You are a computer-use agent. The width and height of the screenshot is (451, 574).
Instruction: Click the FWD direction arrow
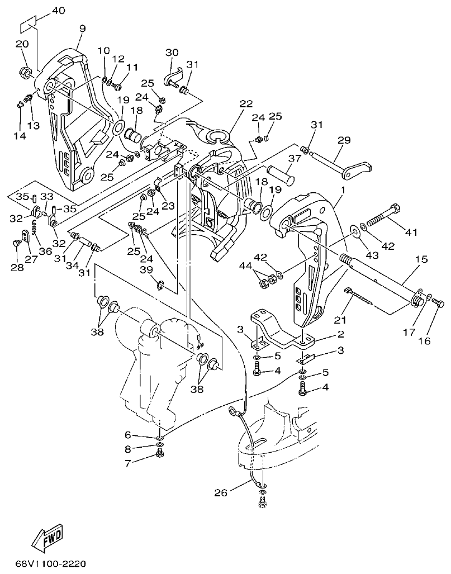click(x=47, y=537)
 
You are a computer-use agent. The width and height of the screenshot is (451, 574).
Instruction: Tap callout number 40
click(x=58, y=11)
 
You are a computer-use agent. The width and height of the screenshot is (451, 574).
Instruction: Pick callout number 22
click(x=246, y=103)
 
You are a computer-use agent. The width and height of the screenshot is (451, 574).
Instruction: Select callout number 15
click(x=421, y=259)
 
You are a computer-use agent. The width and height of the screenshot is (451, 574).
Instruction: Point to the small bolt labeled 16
click(x=438, y=303)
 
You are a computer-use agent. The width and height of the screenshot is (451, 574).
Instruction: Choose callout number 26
click(x=221, y=492)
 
